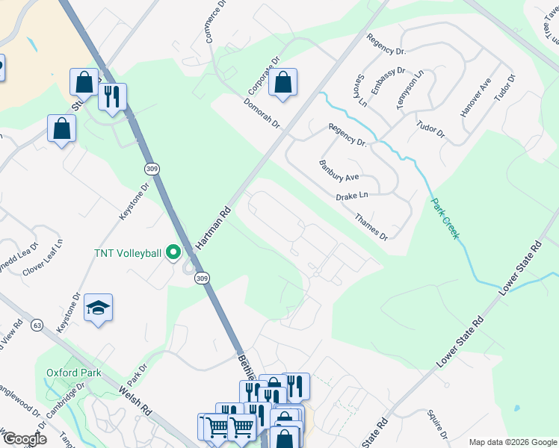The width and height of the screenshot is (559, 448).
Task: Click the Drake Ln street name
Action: pos(353,196)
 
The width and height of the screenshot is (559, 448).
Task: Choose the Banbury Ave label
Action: pos(339,171)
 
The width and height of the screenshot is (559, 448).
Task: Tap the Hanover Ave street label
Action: pos(475,97)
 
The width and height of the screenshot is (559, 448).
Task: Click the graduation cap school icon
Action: pos(98,308)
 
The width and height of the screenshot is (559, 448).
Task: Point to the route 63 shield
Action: pos(37,326)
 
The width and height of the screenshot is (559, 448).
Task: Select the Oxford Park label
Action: pos(73,372)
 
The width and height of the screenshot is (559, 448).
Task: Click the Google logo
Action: pos(24,439)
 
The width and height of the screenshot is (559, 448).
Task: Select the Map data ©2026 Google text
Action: pos(512,442)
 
